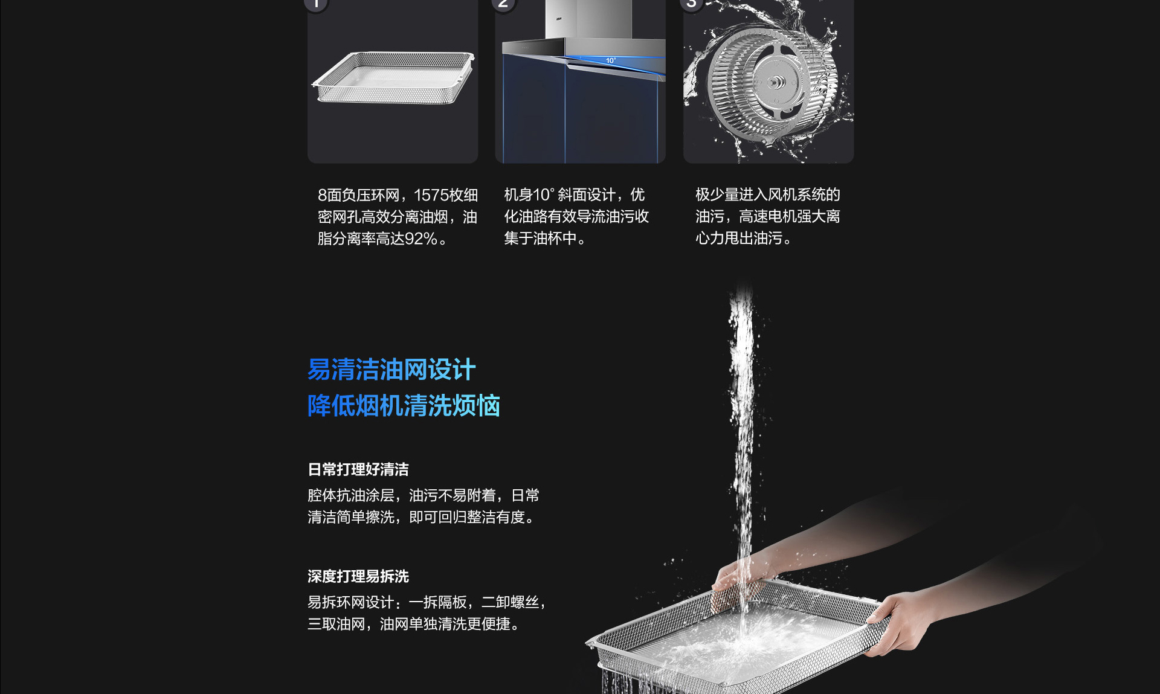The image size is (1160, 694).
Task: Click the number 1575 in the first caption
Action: pyautogui.click(x=431, y=195)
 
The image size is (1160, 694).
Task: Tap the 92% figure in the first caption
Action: pyautogui.click(x=421, y=239)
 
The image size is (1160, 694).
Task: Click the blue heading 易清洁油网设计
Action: pyautogui.click(x=391, y=370)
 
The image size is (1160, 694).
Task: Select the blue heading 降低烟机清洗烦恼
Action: pyautogui.click(x=404, y=405)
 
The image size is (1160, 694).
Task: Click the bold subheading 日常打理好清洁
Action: pyautogui.click(x=358, y=469)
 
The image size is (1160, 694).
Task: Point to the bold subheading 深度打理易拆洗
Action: pyautogui.click(x=358, y=576)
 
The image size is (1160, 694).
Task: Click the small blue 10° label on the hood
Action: pyautogui.click(x=611, y=60)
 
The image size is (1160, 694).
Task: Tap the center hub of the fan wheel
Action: pyautogui.click(x=775, y=83)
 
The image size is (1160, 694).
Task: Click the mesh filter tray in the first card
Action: pyautogui.click(x=393, y=77)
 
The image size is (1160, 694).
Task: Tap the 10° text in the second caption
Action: pyautogui.click(x=544, y=194)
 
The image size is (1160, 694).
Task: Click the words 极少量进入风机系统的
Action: pyautogui.click(x=768, y=194)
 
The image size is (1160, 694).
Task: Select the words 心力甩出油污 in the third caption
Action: pyautogui.click(x=739, y=238)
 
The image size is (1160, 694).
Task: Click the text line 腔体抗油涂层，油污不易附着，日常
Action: pyautogui.click(x=424, y=495)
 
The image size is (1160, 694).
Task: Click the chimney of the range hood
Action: pyautogui.click(x=577, y=19)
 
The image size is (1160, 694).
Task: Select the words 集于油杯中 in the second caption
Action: pyautogui.click(x=540, y=238)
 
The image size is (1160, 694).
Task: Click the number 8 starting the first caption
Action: pyautogui.click(x=322, y=195)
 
